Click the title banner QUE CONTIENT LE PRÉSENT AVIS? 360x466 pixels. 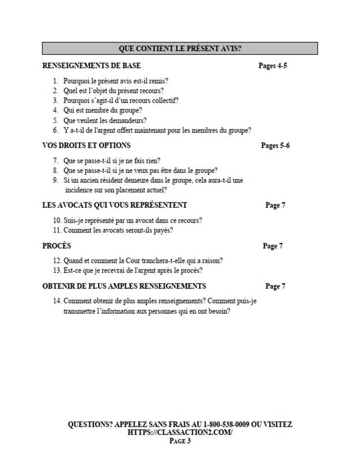point(180,48)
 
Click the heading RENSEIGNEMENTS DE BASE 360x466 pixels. point(92,66)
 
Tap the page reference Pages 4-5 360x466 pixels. point(272,66)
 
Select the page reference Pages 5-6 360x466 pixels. point(275,145)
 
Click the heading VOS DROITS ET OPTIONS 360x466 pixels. point(87,145)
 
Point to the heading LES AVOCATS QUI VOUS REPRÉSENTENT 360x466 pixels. point(115,205)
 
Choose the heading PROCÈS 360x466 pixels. point(57,246)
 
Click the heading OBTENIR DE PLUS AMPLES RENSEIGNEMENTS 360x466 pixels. point(124,287)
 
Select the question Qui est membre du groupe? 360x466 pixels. point(103,110)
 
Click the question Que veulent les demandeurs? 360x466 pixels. point(104,121)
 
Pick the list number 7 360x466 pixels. point(55,160)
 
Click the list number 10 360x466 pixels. point(57,220)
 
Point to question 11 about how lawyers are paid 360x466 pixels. point(118,231)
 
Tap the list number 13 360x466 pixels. point(57,270)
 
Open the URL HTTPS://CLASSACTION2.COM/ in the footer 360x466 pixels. point(180,433)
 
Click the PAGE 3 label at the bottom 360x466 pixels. point(180,441)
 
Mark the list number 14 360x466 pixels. point(57,301)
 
